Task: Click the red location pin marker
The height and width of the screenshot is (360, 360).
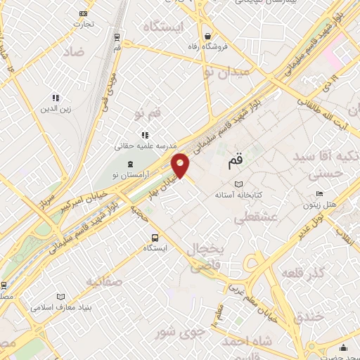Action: (181, 165)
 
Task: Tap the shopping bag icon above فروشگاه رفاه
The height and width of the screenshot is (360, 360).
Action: (207, 36)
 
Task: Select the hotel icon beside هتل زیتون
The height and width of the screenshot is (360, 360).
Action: (319, 194)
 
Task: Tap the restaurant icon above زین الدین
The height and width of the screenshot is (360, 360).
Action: (56, 98)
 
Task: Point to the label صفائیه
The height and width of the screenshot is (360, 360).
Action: (105, 282)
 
